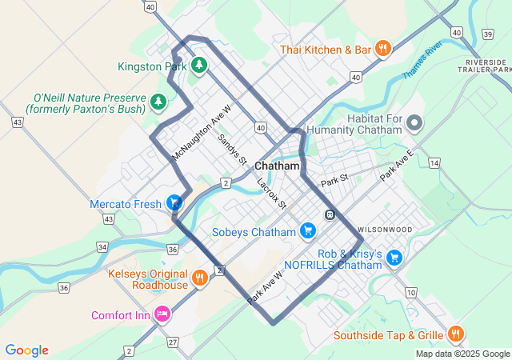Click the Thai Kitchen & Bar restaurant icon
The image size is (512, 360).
[x=383, y=49]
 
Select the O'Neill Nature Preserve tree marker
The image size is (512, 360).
[x=159, y=101]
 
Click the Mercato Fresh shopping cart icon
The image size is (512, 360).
[x=174, y=203]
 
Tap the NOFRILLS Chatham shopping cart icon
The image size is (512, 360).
[x=394, y=258]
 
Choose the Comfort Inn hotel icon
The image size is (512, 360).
[x=163, y=314]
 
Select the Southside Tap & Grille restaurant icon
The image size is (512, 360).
[x=455, y=334]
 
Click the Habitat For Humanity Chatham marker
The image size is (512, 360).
[x=414, y=123]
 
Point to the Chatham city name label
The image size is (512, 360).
[x=277, y=166]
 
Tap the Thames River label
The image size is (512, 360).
[x=422, y=61]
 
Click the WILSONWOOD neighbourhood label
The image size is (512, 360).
[x=385, y=230]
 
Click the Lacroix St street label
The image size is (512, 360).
[x=271, y=194]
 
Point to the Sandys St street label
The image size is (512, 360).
[x=233, y=149]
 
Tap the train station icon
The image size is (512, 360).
[x=329, y=214]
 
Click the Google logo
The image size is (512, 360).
[x=26, y=350]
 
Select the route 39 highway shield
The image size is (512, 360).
[x=488, y=34]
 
